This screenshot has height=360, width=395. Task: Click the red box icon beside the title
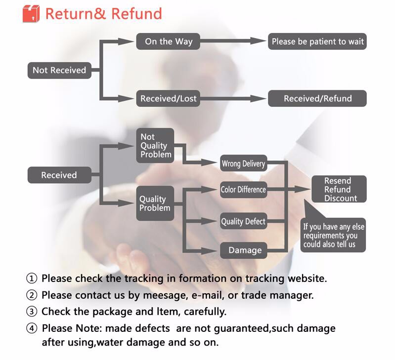pyautogui.click(x=31, y=13)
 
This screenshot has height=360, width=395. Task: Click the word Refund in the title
pyautogui.click(x=136, y=13)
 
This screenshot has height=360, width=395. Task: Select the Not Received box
pyautogui.click(x=59, y=70)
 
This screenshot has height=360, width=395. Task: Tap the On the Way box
pyautogui.click(x=168, y=41)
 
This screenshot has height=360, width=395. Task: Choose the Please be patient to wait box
pyautogui.click(x=317, y=41)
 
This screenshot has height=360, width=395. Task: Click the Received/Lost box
pyautogui.click(x=168, y=98)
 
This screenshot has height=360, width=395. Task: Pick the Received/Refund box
pyautogui.click(x=317, y=98)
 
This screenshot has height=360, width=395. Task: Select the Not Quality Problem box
pyautogui.click(x=155, y=146)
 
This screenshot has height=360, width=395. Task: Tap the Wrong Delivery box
pyautogui.click(x=243, y=163)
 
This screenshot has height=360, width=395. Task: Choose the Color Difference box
pyautogui.click(x=243, y=190)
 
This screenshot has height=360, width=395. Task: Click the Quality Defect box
pyautogui.click(x=243, y=221)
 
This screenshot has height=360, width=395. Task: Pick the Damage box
pyautogui.click(x=245, y=250)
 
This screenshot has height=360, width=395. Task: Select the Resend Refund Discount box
pyautogui.click(x=338, y=190)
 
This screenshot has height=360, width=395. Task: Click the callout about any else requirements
pyautogui.click(x=334, y=236)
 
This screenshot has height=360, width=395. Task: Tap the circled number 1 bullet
pyautogui.click(x=32, y=279)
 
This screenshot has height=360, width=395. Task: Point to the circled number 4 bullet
pyautogui.click(x=32, y=328)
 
